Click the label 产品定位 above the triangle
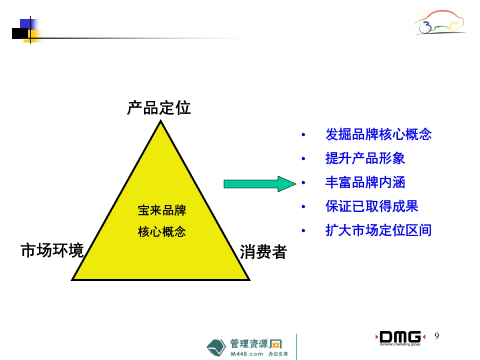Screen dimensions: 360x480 tap(159, 108)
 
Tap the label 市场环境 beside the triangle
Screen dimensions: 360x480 tap(52, 251)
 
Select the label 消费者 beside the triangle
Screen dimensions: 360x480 tap(263, 252)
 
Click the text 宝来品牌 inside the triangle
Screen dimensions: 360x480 tap(162, 210)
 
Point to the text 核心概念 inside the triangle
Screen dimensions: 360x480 tap(162, 232)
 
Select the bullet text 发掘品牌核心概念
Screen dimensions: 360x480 tap(378, 134)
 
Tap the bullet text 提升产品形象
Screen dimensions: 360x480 tap(365, 158)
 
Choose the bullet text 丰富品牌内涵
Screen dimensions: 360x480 tap(365, 182)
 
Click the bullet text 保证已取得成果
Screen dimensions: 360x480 tap(372, 206)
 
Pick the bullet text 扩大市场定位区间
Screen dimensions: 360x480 tap(378, 230)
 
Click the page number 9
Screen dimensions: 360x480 tap(436, 336)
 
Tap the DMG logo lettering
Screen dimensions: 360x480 tap(400, 336)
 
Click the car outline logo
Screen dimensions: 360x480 tap(440, 23)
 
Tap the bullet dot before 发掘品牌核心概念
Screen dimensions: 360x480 tap(303, 135)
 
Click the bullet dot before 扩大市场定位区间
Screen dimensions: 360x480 tap(303, 231)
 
